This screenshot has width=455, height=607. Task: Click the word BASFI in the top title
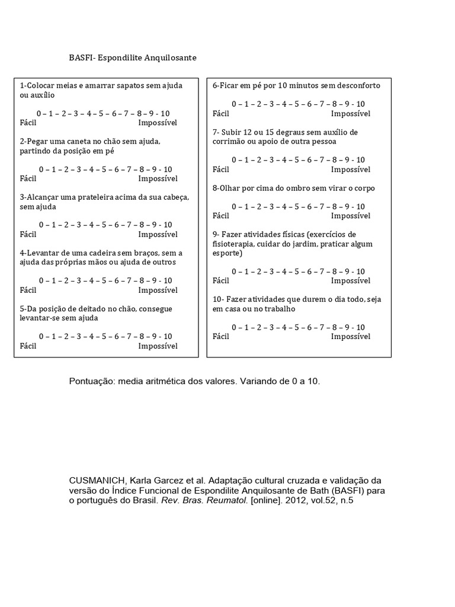tap(80, 58)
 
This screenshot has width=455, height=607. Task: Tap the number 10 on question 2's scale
tap(167, 170)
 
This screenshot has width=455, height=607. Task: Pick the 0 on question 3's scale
tap(41, 225)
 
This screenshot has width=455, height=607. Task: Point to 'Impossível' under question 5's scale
tap(158, 346)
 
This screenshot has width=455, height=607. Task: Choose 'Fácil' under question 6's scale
tap(220, 113)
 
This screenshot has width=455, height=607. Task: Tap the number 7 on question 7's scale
tap(321, 160)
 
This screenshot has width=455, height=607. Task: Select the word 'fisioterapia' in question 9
tap(233, 244)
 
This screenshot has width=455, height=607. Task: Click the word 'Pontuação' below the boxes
tap(92, 382)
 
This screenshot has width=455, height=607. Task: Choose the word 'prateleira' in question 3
tap(92, 197)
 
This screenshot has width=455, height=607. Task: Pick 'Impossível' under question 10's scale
tap(351, 337)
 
